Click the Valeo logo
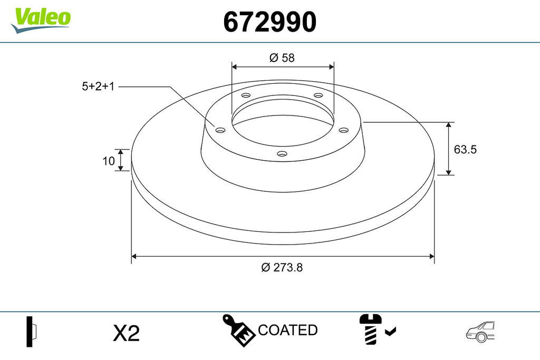41,20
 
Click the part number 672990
269,21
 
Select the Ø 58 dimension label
282,57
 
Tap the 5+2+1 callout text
98,86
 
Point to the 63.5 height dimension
465,149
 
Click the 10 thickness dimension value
109,161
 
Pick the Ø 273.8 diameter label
282,267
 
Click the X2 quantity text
127,333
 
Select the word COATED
287,330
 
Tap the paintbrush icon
238,330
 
